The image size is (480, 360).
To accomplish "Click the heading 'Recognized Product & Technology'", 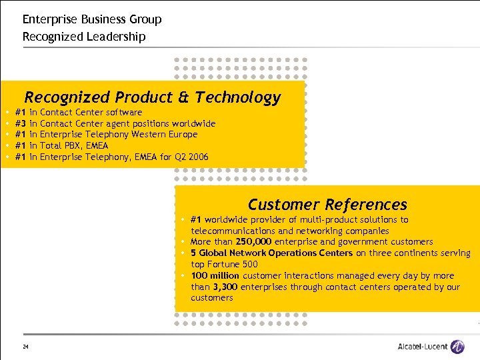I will pyautogui.click(x=153, y=98).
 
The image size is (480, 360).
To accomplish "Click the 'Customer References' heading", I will pyautogui.click(x=327, y=205).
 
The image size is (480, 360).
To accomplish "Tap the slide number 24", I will pyautogui.click(x=25, y=347).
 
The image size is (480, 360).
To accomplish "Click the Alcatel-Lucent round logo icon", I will pyautogui.click(x=457, y=347).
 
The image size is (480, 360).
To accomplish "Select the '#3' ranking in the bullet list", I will pyautogui.click(x=20, y=123).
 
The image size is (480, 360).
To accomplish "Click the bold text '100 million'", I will pyautogui.click(x=215, y=275).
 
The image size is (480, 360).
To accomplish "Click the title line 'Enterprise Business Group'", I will pyautogui.click(x=92, y=19).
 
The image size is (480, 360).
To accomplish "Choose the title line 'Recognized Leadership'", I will pyautogui.click(x=84, y=37).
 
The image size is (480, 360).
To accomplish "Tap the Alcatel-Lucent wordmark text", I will pyautogui.click(x=422, y=347).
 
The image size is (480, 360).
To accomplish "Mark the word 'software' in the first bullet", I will pyautogui.click(x=124, y=112).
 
